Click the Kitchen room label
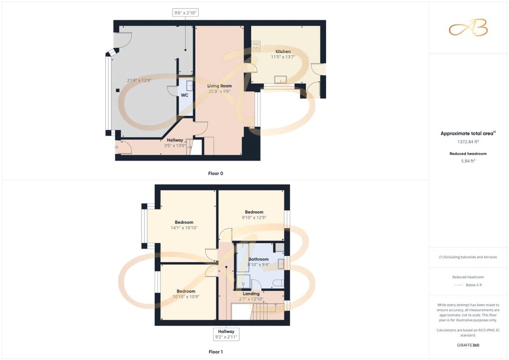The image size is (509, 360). coord(283,52)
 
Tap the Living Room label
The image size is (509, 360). coord(219,86)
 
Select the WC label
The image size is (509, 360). coord(184,94)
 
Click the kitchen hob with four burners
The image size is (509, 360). coord(256,46)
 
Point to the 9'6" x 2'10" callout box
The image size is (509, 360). coord(185,12)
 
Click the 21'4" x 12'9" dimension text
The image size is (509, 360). coord(139,81)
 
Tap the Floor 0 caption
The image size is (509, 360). coord(215,174)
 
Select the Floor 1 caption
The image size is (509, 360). coord(215,352)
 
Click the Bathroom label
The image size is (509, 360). coord(258,259)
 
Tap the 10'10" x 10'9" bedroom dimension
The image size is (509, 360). coord(184,297)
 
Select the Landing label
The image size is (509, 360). coord(251,294)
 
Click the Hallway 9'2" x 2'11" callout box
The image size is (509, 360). coord(226,334)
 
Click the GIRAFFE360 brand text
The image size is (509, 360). coord(468,345)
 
